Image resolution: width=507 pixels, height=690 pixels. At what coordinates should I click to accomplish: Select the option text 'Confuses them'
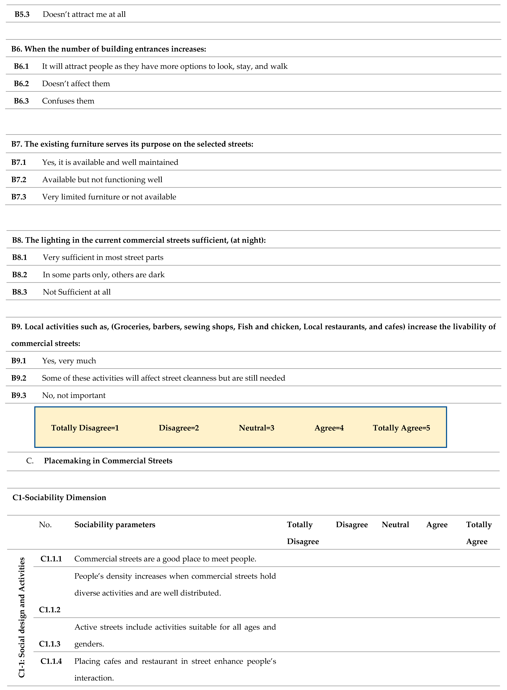pyautogui.click(x=68, y=101)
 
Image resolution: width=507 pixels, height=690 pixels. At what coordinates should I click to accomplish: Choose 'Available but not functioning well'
pyautogui.click(x=102, y=180)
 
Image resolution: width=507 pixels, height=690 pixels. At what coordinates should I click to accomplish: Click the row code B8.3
pyautogui.click(x=20, y=292)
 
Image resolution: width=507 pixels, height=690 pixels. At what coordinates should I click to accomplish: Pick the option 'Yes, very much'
pyautogui.click(x=69, y=361)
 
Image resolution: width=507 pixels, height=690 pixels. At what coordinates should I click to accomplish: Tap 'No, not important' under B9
pyautogui.click(x=74, y=395)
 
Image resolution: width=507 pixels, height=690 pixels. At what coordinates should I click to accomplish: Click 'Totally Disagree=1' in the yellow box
pyautogui.click(x=85, y=428)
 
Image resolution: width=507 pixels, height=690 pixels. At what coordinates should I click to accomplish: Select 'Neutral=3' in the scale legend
pyautogui.click(x=257, y=428)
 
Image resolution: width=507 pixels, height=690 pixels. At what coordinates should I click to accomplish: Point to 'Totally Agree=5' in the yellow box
pyautogui.click(x=401, y=428)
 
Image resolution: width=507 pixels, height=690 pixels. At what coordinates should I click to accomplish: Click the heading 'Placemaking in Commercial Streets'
pyautogui.click(x=108, y=461)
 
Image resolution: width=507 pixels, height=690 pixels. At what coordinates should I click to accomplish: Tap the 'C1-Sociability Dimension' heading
pyautogui.click(x=59, y=498)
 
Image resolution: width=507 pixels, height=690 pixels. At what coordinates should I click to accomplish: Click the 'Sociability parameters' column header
pyautogui.click(x=115, y=525)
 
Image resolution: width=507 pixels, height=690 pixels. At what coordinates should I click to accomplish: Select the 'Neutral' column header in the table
pyautogui.click(x=395, y=525)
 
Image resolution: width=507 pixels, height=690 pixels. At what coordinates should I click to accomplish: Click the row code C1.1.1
pyautogui.click(x=51, y=559)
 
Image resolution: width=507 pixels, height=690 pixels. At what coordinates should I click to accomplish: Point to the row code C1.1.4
pyautogui.click(x=51, y=661)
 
